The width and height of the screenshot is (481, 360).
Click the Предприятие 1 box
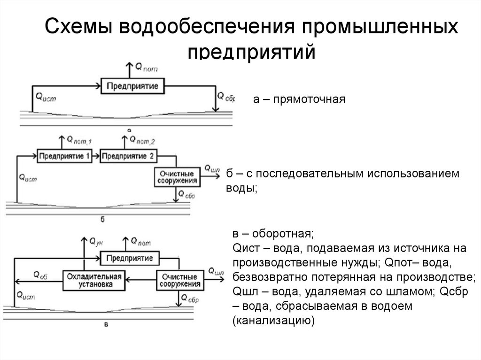point(64,155)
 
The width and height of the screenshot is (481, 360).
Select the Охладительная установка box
point(95,280)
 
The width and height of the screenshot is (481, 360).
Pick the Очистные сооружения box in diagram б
point(177,176)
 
